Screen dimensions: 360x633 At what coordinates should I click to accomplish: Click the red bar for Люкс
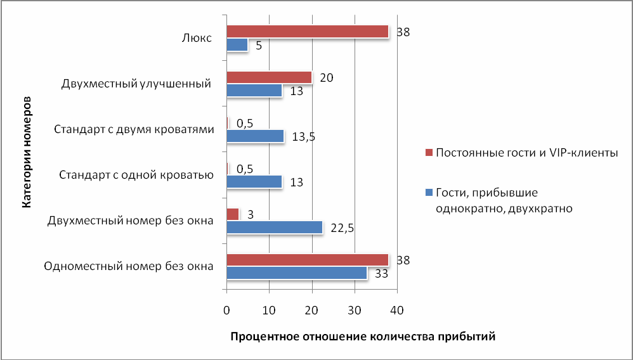click(x=307, y=31)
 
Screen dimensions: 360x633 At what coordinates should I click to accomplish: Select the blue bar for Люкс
click(x=237, y=45)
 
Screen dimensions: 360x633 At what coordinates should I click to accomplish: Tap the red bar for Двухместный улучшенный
click(x=269, y=77)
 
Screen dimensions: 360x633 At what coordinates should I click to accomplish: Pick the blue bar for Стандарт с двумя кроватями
click(x=255, y=136)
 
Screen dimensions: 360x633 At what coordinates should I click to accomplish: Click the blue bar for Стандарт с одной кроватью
click(x=254, y=182)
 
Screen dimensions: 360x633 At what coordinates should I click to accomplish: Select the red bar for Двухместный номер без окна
click(x=233, y=214)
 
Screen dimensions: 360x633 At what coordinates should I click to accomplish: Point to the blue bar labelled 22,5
click(x=274, y=227)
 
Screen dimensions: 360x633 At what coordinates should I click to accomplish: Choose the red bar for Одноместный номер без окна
click(x=307, y=259)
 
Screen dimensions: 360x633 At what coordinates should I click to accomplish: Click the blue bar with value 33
click(x=297, y=273)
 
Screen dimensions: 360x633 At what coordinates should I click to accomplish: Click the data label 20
click(x=327, y=77)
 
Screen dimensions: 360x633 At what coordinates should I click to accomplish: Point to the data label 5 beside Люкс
click(x=259, y=46)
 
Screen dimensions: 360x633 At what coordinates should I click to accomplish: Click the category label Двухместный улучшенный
click(x=136, y=84)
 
